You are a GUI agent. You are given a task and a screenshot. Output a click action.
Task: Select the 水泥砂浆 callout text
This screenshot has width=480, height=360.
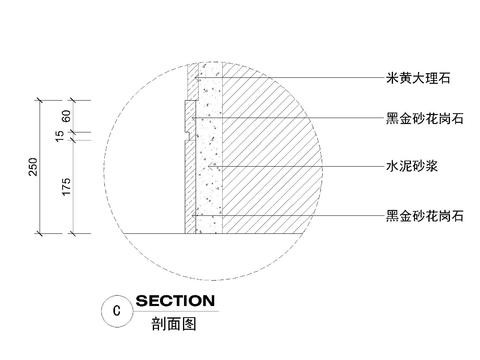click(413, 167)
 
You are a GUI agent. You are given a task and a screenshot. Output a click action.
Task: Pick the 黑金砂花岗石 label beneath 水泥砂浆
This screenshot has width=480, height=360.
click(424, 215)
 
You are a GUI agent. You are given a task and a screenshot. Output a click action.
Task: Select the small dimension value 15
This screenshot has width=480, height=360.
click(65, 135)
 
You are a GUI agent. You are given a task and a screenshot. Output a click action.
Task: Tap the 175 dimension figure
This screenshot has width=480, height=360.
click(65, 187)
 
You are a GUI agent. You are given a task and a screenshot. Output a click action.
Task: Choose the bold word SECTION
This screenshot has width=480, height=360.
click(174, 301)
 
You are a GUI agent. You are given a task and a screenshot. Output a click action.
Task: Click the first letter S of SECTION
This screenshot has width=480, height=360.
click(142, 301)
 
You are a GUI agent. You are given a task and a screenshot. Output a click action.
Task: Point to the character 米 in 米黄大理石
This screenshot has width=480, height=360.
click(392, 76)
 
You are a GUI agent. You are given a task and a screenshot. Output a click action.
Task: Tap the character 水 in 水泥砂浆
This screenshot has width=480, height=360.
click(392, 167)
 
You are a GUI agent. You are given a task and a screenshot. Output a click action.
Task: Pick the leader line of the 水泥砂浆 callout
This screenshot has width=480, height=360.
click(300, 167)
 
